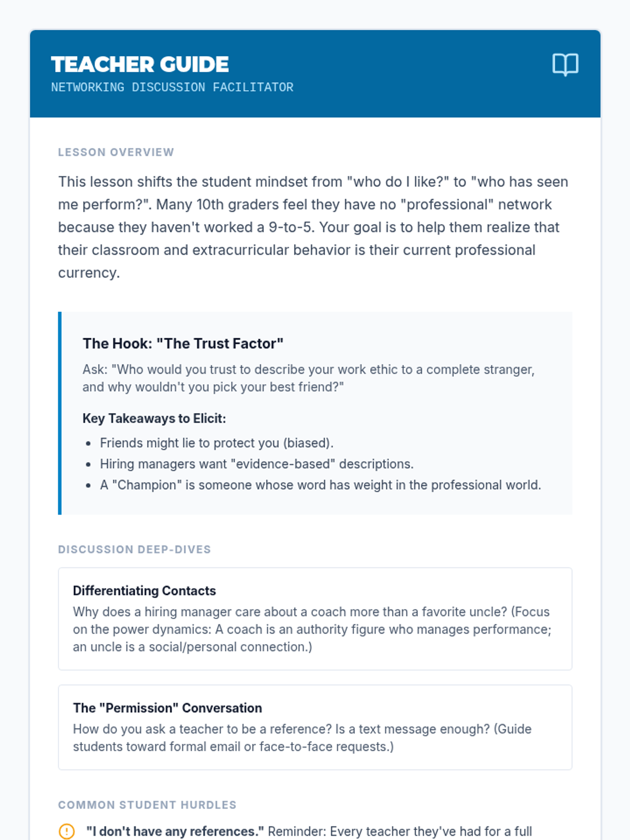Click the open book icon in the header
coord(565,65)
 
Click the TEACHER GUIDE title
coord(140,65)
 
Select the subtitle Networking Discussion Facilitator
coord(172,87)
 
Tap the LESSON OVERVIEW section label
coord(115,152)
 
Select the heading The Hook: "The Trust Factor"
coord(183,343)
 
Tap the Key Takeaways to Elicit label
coord(154,418)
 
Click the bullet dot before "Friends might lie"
coord(88,444)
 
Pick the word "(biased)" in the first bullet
coord(308,443)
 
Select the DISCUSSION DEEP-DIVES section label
coord(134,550)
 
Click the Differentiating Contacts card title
coord(144,591)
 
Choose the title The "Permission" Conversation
coord(167,708)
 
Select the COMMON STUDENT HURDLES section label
coord(147,805)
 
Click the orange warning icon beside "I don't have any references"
coord(67,832)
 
